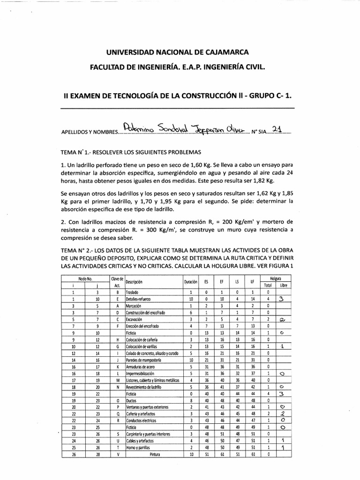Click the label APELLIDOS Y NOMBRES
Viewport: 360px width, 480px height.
tap(88, 133)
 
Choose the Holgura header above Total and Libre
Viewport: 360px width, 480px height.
tap(275, 278)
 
